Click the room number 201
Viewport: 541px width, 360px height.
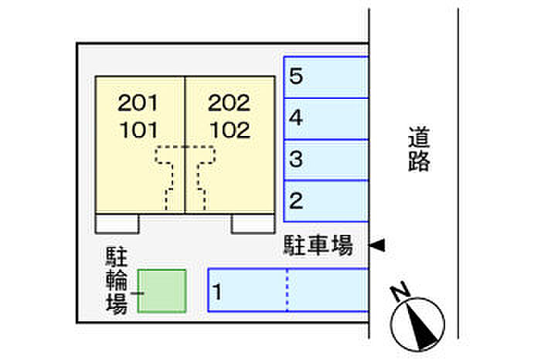[x=139, y=102]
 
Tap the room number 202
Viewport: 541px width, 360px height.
[x=230, y=102]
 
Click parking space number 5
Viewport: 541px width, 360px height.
[x=296, y=76]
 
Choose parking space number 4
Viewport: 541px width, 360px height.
[x=296, y=119]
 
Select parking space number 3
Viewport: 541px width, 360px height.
[x=296, y=161]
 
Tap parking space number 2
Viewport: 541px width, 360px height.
[x=296, y=202]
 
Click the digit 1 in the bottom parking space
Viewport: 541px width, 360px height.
[x=219, y=292]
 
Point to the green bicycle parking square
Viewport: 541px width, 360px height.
[x=162, y=290]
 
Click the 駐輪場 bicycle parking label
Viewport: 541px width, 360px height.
[x=117, y=280]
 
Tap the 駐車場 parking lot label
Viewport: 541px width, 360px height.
[x=317, y=247]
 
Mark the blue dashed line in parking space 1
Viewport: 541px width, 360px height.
[x=287, y=290]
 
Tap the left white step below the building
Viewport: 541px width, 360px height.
[x=117, y=223]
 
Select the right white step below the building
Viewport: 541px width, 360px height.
[x=253, y=223]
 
